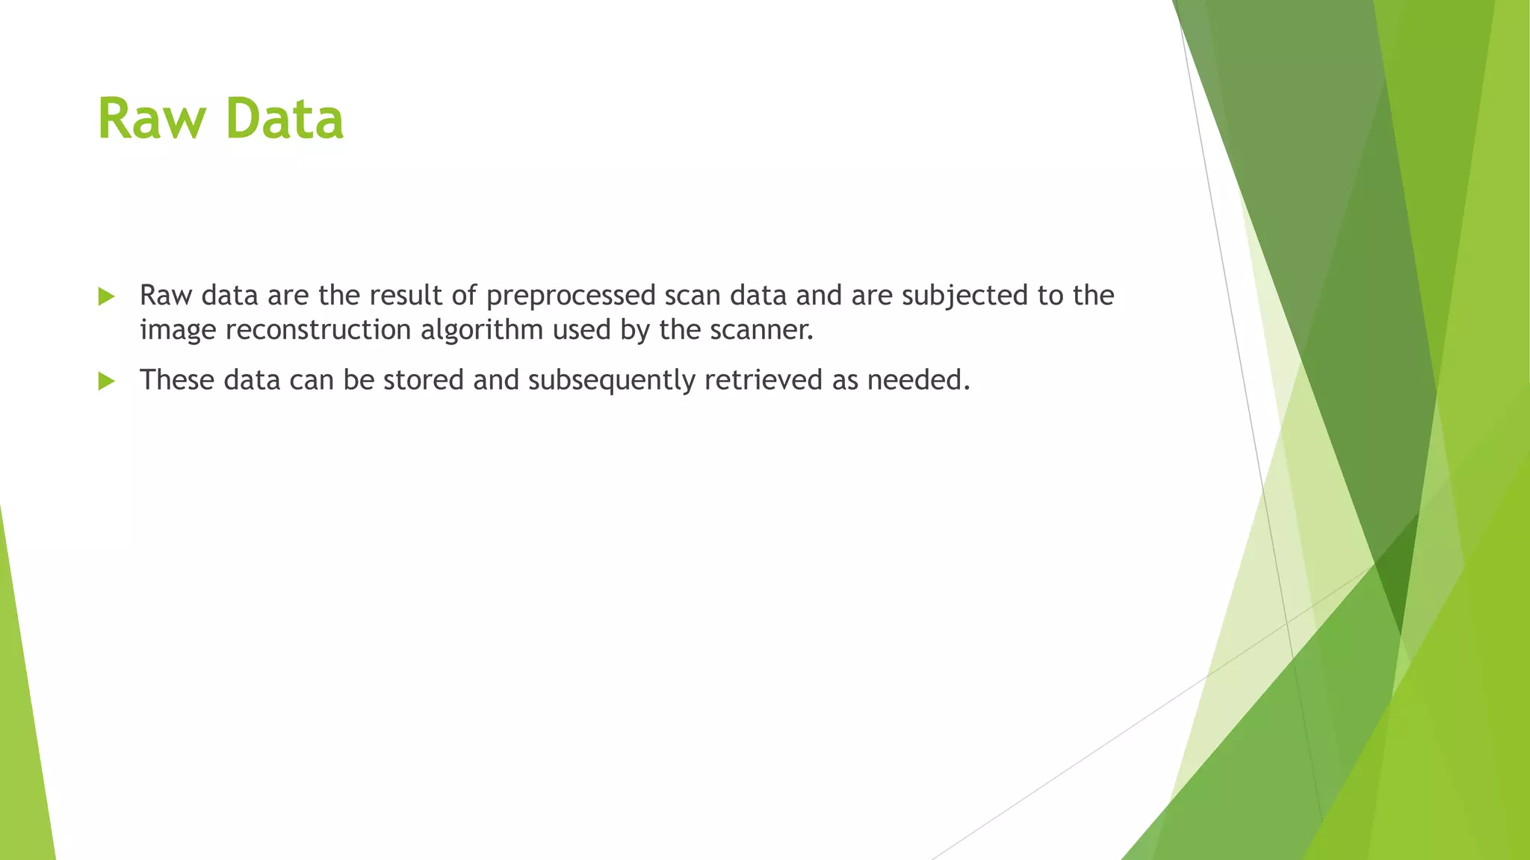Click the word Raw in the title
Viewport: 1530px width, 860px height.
pos(152,119)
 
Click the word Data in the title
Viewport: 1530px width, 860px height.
pos(284,119)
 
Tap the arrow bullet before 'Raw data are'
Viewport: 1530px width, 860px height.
pos(106,297)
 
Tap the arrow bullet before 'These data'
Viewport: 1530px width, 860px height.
pos(106,381)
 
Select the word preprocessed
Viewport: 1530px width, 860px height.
pos(571,296)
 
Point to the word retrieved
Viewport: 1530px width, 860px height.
pos(764,380)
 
